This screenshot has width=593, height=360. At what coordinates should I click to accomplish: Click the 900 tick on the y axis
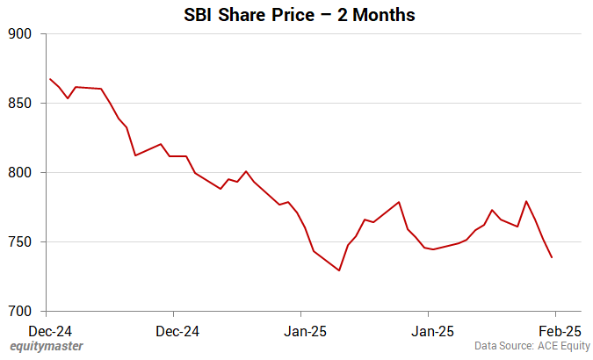[x=20, y=34]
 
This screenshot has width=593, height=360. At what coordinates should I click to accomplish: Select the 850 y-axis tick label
[x=20, y=104]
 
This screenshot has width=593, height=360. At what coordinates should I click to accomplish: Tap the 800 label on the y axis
[x=20, y=173]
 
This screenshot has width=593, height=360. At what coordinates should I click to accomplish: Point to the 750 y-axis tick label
[x=20, y=242]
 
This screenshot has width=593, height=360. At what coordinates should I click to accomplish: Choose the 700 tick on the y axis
[x=20, y=312]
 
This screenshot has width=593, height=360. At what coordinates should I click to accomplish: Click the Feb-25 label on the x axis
[x=560, y=331]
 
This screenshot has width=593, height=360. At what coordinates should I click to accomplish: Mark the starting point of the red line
[x=49, y=79]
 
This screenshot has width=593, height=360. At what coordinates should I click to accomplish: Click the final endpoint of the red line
[x=552, y=258]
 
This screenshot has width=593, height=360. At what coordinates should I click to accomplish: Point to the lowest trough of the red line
[x=338, y=270]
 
